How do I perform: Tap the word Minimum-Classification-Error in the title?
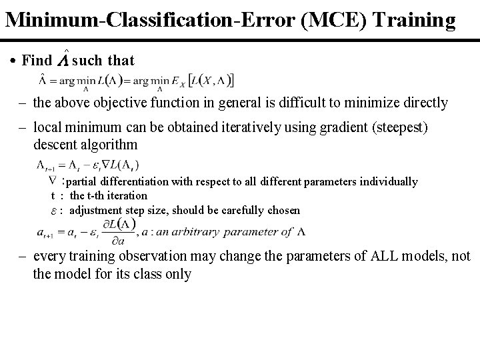click(144, 20)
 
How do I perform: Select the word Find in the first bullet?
click(36, 61)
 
